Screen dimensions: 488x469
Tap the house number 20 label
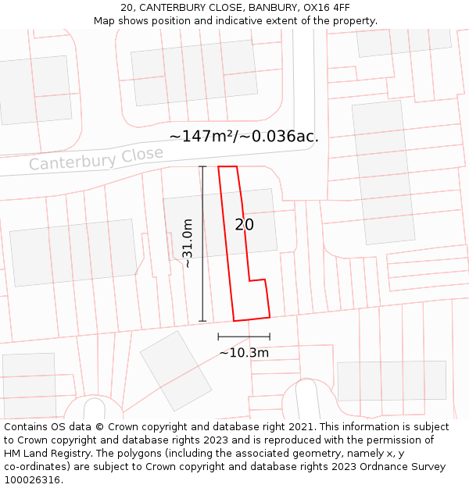(245, 225)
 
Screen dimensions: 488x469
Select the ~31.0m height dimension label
(188, 244)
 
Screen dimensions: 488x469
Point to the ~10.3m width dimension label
(244, 353)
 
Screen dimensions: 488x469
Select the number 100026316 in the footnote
(32, 480)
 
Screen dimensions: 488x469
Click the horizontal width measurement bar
(244, 337)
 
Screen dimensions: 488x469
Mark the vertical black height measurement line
(203, 244)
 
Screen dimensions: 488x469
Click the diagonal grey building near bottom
(176, 371)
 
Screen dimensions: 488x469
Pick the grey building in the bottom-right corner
(392, 381)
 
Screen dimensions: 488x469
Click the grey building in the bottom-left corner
(30, 386)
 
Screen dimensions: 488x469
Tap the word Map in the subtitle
(106, 21)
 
